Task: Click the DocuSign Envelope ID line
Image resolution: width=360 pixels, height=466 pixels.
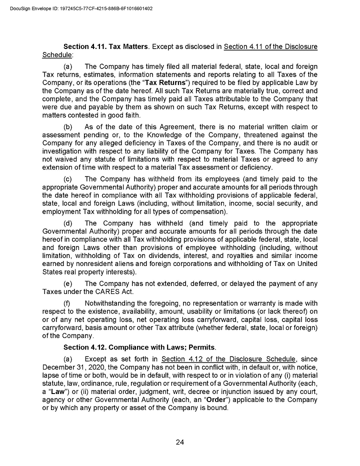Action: pos(81,8)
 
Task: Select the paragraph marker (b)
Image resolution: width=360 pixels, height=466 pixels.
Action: pos(69,126)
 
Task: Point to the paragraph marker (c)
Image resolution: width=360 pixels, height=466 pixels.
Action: pos(68,179)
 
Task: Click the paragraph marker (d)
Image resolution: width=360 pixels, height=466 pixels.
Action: pos(69,223)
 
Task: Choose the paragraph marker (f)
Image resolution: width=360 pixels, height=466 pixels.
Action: pos(68,303)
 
